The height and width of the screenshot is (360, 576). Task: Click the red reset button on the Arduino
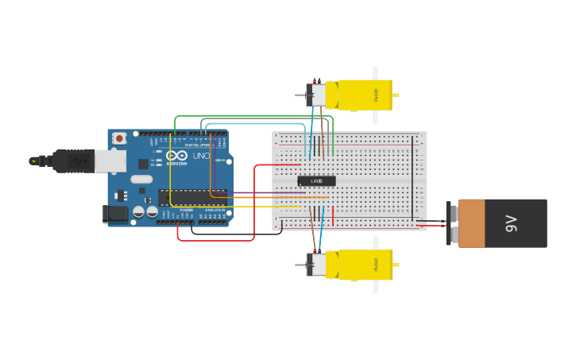point(119,138)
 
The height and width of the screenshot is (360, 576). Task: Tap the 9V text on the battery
point(512,223)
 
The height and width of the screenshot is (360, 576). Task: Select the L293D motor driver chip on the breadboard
point(316,181)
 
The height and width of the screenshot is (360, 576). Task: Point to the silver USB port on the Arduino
point(110,161)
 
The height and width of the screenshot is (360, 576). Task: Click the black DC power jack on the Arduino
point(115,213)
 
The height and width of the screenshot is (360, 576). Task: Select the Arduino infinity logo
point(176,156)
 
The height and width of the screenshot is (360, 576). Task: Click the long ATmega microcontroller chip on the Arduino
point(191,197)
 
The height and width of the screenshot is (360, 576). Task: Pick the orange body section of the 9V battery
point(471,223)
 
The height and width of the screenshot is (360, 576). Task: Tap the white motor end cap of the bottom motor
point(317,265)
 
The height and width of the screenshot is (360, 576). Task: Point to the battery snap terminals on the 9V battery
point(450,223)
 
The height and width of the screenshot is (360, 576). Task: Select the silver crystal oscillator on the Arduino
point(141,179)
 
